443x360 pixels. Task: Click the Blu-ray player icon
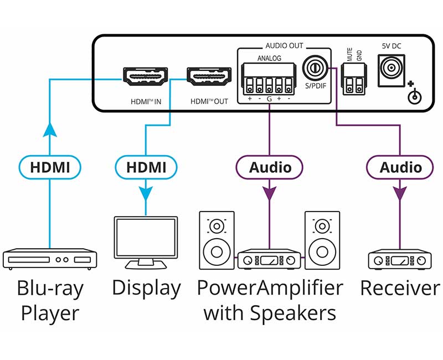tap(50, 259)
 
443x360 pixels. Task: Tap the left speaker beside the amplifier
tap(216, 239)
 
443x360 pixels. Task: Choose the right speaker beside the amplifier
tap(322, 239)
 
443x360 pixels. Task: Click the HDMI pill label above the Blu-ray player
tap(50, 167)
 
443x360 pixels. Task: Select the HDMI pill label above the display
tap(146, 167)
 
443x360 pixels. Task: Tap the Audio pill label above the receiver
tap(400, 167)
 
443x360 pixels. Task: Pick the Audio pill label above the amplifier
tap(270, 167)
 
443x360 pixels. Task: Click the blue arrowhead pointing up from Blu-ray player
tap(50, 129)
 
